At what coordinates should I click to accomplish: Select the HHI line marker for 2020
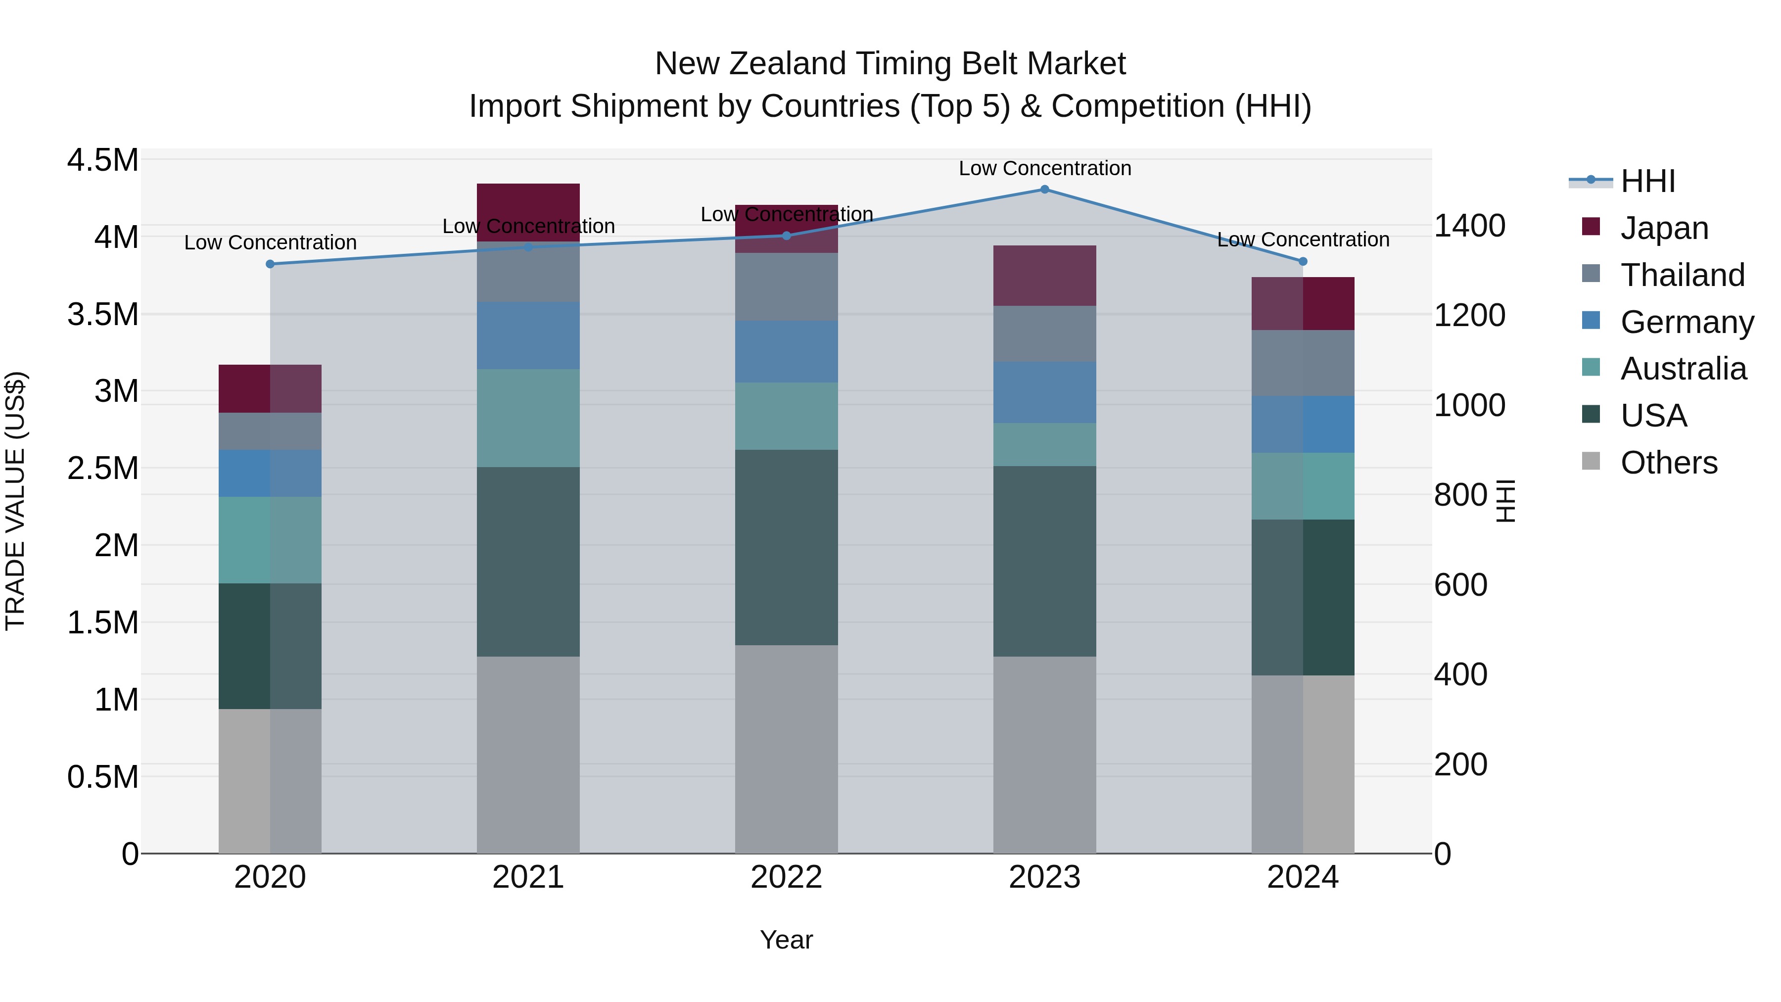coord(270,264)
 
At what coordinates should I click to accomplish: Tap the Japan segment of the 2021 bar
coord(528,212)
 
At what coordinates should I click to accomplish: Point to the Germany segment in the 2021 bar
coord(528,335)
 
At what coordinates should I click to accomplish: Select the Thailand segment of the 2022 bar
coord(786,286)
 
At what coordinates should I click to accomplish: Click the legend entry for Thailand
coord(1682,275)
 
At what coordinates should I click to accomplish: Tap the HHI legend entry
coord(1647,181)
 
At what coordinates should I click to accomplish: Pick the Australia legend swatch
coord(1591,367)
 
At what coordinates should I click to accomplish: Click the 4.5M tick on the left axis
coord(103,160)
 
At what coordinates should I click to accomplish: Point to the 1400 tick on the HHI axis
coord(1469,226)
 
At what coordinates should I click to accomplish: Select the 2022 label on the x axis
coord(786,877)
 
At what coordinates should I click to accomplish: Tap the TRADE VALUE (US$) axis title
coord(15,501)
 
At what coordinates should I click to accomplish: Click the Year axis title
coord(786,940)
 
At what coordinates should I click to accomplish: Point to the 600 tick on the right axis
coord(1460,585)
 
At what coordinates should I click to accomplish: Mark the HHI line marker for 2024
coord(1303,261)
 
